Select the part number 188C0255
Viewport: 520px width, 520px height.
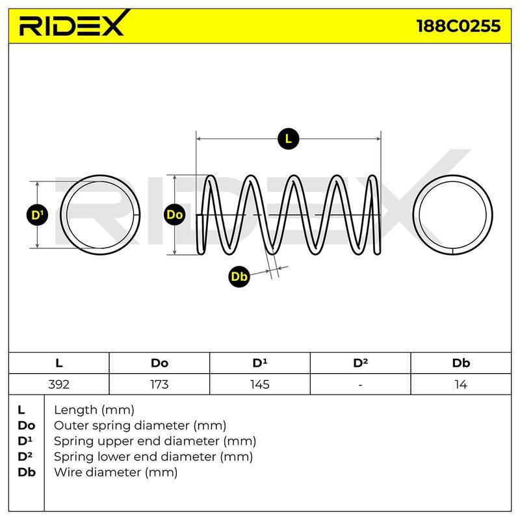pos(458,26)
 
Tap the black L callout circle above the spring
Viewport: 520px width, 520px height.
pos(288,138)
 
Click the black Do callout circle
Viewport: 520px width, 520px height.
pos(174,214)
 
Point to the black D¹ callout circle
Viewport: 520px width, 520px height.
pos(37,215)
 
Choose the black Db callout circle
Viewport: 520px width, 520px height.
pos(239,276)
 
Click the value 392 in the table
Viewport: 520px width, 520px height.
pos(58,384)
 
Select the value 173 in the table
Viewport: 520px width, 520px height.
pos(159,384)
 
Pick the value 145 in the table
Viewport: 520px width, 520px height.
pos(259,384)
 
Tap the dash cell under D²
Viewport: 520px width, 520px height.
pos(361,385)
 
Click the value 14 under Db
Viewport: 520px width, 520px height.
pos(461,384)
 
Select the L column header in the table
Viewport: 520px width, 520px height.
pos(59,363)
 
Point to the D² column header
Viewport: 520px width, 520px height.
pos(361,363)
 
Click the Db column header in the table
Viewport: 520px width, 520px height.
pos(461,363)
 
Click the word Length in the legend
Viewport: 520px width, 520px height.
pos(76,411)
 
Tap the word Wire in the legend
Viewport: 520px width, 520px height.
pos(67,472)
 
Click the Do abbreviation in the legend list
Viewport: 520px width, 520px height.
pos(27,426)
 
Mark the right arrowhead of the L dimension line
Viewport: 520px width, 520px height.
pos(378,138)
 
